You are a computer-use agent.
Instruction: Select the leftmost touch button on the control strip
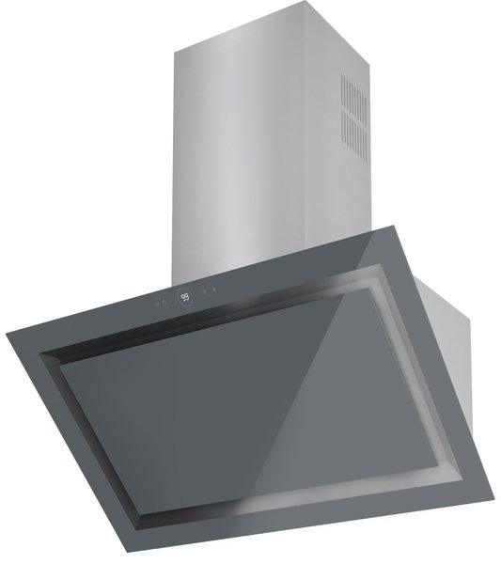click(158, 303)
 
